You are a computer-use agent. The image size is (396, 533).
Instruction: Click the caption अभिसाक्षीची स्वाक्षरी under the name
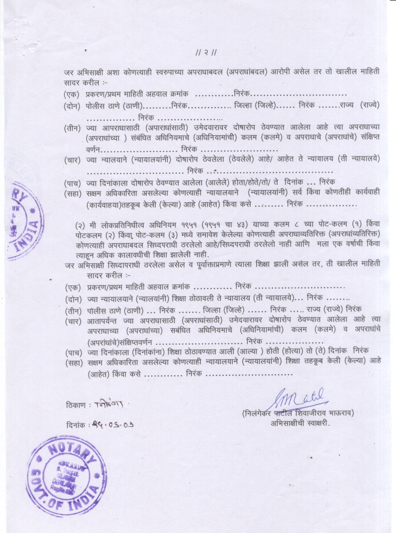(300, 424)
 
